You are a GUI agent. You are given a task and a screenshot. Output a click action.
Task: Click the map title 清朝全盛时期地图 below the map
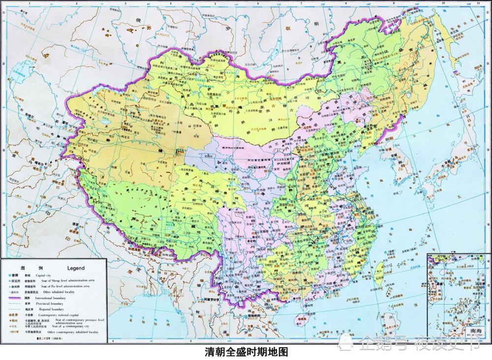pyautogui.click(x=246, y=353)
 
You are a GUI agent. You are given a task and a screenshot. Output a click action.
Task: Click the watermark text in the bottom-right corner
pyautogui.click(x=418, y=343)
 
